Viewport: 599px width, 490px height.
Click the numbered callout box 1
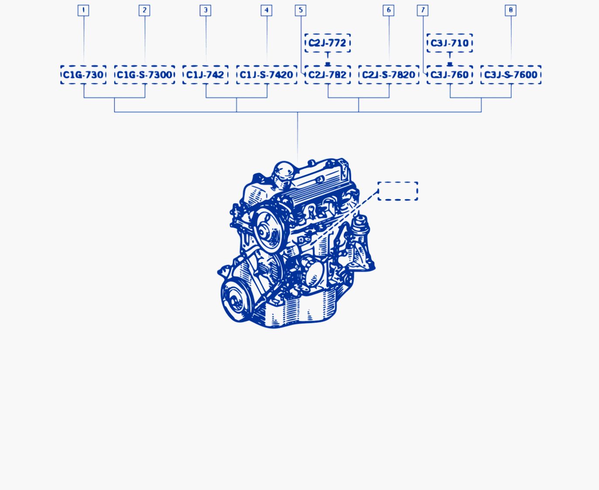tap(83, 10)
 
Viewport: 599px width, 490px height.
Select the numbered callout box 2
tap(144, 10)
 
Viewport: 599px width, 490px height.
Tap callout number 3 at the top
tap(205, 10)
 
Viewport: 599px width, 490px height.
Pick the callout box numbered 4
tap(266, 10)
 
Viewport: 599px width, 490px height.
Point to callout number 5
tap(300, 10)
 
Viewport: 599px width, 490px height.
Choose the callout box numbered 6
tap(389, 10)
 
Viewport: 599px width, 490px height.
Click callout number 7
tap(423, 10)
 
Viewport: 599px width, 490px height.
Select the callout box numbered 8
tap(511, 10)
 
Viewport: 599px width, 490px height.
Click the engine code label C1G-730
tap(83, 75)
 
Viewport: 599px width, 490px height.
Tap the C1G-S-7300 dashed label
tap(145, 75)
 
